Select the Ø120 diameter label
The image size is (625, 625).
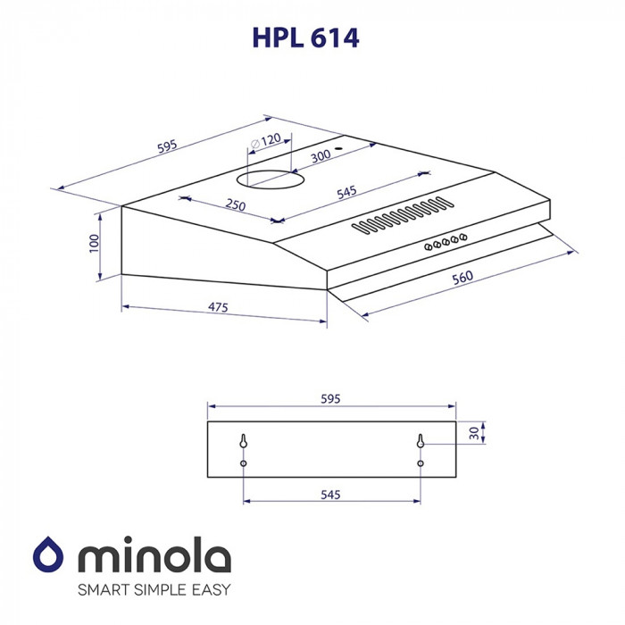pyautogui.click(x=265, y=141)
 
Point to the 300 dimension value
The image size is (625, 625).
pyautogui.click(x=321, y=156)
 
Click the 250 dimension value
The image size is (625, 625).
pyautogui.click(x=236, y=205)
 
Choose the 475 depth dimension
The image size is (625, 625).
pyautogui.click(x=218, y=308)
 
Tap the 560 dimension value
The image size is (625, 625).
pyautogui.click(x=462, y=279)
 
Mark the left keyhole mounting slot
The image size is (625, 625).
pyautogui.click(x=244, y=441)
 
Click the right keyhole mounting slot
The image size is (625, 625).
pyautogui.click(x=420, y=441)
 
